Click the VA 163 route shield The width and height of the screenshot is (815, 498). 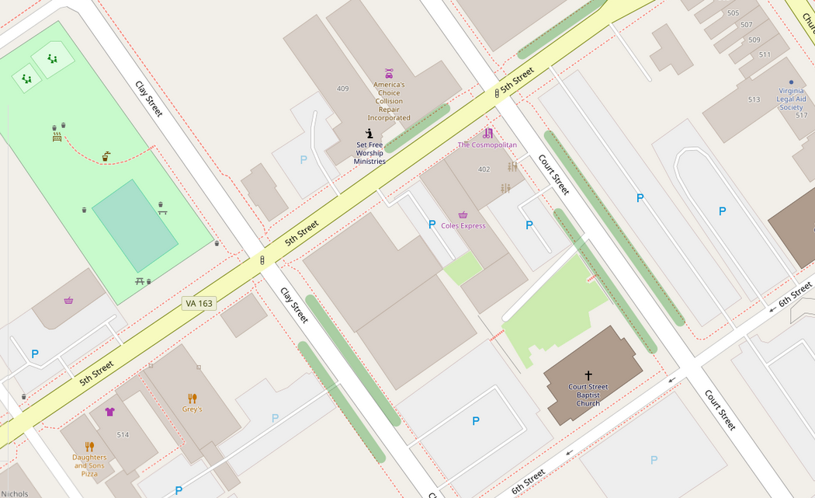[x=199, y=303]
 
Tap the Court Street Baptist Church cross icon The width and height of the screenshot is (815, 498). [x=588, y=376]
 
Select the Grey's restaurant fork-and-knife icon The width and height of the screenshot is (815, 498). [x=192, y=399]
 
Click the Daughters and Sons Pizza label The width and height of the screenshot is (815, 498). [x=89, y=465]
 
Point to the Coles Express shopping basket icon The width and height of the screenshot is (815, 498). [x=463, y=215]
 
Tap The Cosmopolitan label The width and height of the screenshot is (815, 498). [x=487, y=145]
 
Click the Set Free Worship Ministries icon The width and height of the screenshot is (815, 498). [x=369, y=134]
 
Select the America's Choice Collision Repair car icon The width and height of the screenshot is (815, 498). [x=389, y=74]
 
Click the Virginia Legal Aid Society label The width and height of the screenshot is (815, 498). [x=791, y=99]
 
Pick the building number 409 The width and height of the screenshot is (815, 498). [x=342, y=89]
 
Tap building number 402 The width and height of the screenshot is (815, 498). [x=484, y=169]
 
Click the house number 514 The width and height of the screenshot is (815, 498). [x=123, y=435]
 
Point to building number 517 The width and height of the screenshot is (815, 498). [x=801, y=116]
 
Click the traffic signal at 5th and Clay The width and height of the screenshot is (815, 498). [x=262, y=260]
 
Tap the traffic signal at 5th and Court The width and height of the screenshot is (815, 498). [x=497, y=93]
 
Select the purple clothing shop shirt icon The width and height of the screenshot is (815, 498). [x=109, y=412]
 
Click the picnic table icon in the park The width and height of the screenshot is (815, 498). [x=140, y=280]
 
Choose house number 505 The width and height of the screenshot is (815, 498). [x=733, y=13]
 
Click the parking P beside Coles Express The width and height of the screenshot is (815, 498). [x=432, y=225]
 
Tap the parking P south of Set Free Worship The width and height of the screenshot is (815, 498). [x=303, y=160]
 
